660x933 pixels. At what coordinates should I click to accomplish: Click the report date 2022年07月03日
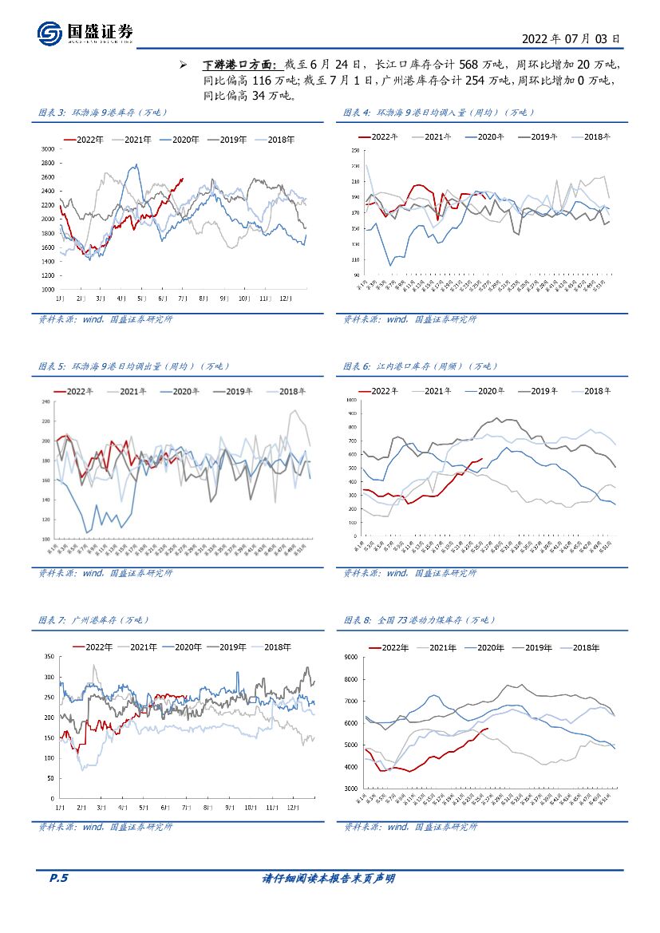tap(570, 38)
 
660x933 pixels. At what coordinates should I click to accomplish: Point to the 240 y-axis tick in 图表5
tap(45, 401)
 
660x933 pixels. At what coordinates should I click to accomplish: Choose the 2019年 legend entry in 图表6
tap(542, 391)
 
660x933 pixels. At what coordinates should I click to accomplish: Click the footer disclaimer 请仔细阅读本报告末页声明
tap(329, 878)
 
